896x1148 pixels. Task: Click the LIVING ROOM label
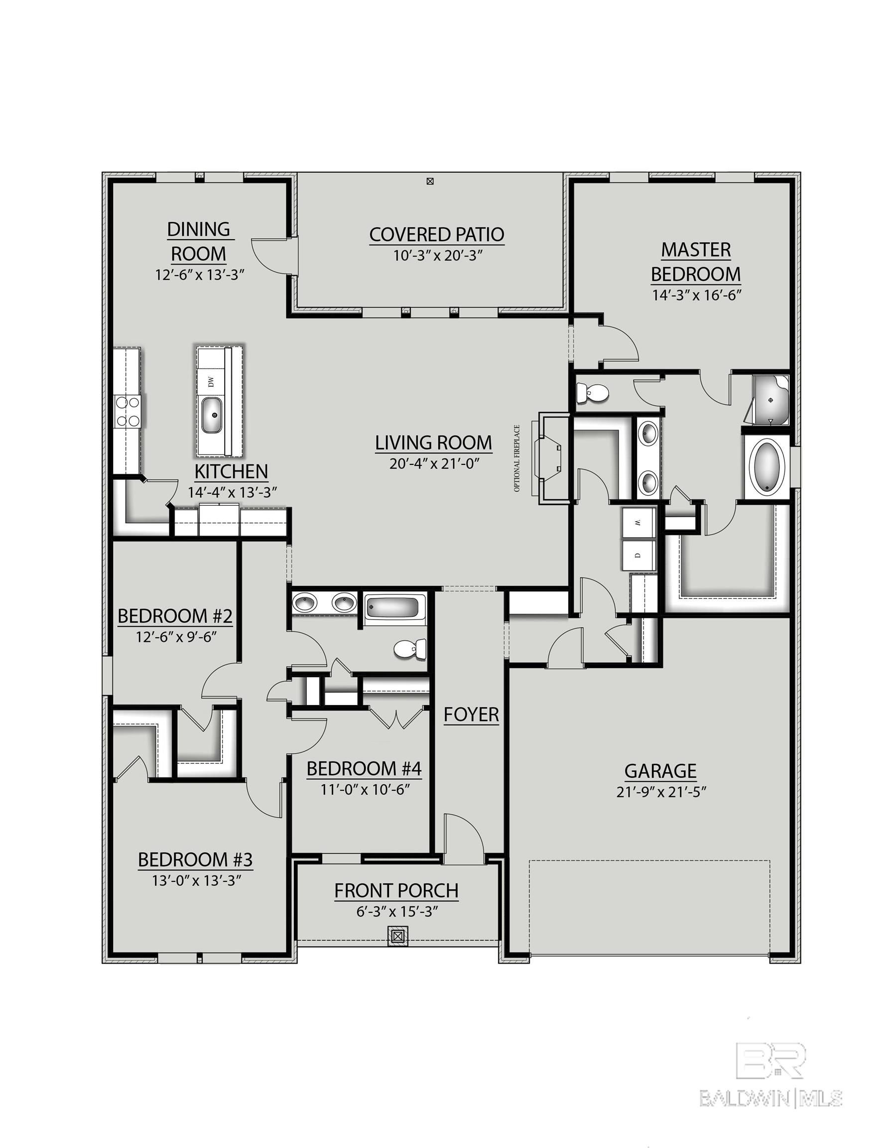click(433, 442)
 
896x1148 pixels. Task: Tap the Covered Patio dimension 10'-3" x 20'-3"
click(437, 256)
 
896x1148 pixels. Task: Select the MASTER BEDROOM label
click(696, 262)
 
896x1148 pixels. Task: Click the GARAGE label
click(660, 771)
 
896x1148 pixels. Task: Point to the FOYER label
click(471, 715)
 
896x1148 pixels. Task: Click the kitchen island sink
click(214, 415)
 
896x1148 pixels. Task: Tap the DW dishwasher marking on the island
click(211, 382)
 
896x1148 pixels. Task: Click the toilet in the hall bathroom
click(410, 650)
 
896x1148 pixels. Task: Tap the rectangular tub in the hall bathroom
click(393, 609)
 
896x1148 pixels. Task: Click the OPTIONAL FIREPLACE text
click(517, 458)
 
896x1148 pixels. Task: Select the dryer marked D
click(638, 555)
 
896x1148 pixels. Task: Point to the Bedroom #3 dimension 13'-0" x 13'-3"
click(196, 879)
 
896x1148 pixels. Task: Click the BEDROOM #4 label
click(364, 768)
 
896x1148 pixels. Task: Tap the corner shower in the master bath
click(769, 401)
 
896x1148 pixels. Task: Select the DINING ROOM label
click(199, 241)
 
